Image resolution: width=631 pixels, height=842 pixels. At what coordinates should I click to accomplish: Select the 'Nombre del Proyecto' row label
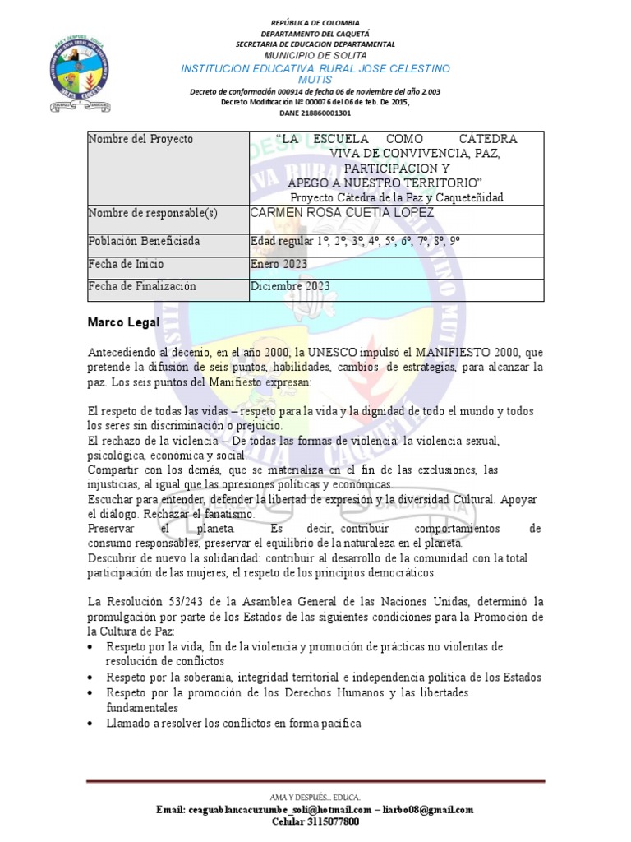[x=140, y=139]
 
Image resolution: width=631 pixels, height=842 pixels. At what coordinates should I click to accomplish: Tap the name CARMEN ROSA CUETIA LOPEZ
[x=342, y=214]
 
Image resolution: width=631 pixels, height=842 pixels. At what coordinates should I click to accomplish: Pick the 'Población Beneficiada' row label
[x=144, y=242]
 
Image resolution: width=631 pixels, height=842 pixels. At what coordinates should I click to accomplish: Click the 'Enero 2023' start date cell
[x=279, y=264]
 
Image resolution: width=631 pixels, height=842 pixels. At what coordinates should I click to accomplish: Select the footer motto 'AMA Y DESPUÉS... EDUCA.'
[x=315, y=798]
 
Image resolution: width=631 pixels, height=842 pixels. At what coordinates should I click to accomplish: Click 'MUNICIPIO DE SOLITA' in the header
[x=315, y=54]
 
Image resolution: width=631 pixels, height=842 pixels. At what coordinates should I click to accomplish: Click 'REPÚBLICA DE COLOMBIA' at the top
[x=315, y=22]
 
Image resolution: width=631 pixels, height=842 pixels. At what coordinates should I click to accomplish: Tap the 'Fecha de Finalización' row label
[x=142, y=286]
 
